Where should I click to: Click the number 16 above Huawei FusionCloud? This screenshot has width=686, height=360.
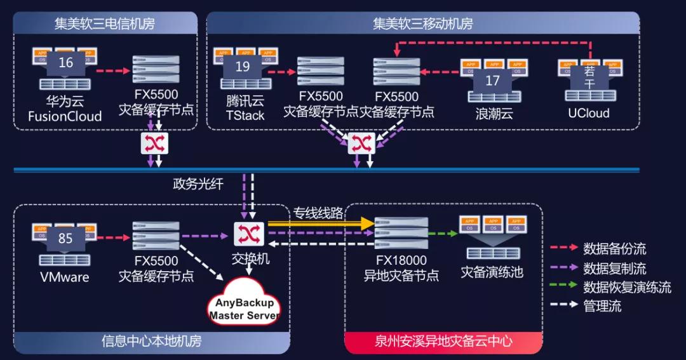point(65,62)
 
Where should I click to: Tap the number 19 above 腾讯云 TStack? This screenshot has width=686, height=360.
point(243,65)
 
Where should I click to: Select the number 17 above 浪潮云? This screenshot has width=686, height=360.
point(492,81)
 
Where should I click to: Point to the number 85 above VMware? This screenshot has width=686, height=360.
point(65,239)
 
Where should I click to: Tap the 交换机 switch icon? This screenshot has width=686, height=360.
point(244,234)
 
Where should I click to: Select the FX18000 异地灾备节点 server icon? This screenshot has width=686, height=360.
point(401,234)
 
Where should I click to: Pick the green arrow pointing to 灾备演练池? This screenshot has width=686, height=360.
point(443,234)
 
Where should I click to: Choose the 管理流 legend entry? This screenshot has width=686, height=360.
point(602,306)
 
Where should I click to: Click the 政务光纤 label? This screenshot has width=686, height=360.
point(198,184)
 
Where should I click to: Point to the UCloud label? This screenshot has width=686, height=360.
point(588,113)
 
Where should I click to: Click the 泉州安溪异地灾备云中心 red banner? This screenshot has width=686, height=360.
point(443,342)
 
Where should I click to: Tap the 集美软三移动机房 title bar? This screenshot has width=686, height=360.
point(422,24)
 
